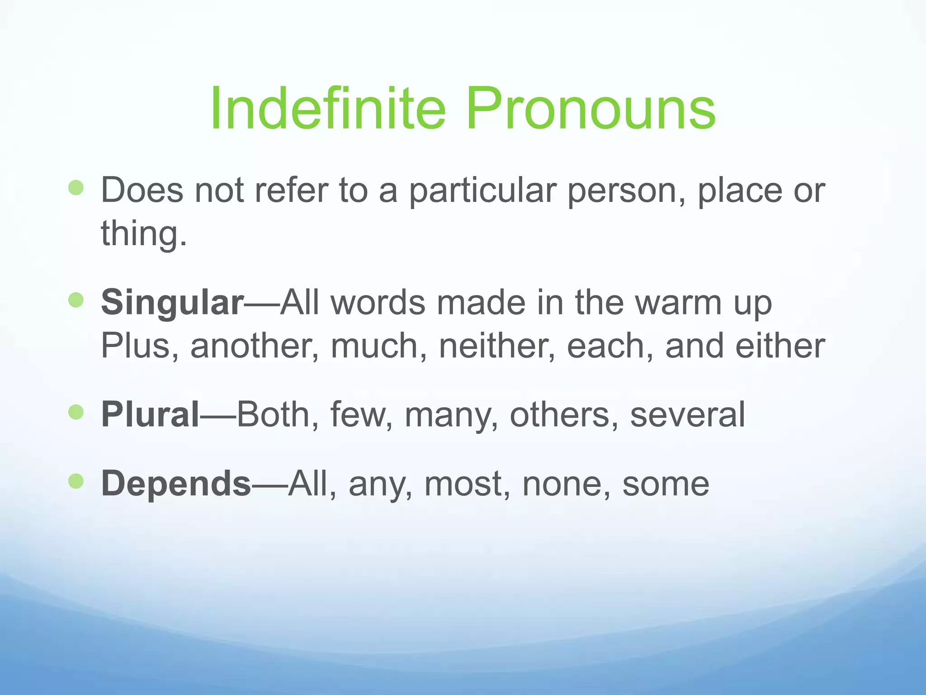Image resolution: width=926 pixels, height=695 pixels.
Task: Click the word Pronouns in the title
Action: click(x=591, y=109)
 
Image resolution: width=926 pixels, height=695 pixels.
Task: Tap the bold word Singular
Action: click(x=172, y=303)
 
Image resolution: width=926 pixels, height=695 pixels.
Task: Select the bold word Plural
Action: click(x=150, y=414)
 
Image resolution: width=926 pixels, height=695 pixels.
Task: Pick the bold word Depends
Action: click(x=176, y=484)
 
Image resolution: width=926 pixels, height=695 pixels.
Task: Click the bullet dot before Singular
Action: click(x=76, y=300)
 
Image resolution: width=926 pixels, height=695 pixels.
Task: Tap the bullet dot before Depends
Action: click(x=76, y=481)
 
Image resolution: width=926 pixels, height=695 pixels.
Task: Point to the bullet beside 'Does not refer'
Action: click(x=76, y=187)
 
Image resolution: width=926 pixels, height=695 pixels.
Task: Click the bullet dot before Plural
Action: click(x=76, y=412)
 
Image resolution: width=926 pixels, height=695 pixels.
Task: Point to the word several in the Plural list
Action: click(x=687, y=414)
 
